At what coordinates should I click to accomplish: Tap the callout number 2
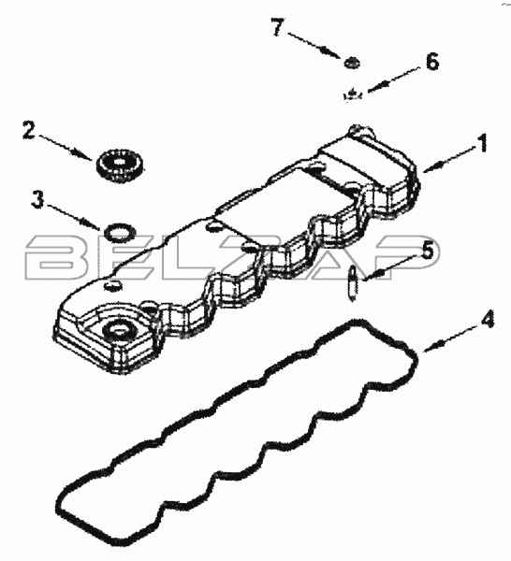[29, 130]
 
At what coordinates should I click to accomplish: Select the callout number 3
[37, 199]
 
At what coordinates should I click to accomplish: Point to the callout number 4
[486, 319]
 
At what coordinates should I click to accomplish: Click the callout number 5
[426, 250]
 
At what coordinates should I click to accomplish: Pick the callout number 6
[432, 63]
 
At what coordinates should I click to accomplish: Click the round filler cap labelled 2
[120, 165]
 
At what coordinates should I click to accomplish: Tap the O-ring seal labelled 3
[121, 233]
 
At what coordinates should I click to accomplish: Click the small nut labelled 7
[352, 64]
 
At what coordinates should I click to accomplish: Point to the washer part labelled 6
[353, 94]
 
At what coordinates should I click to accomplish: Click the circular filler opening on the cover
[118, 330]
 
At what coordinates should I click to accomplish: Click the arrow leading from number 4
[450, 339]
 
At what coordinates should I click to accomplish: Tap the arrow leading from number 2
[66, 148]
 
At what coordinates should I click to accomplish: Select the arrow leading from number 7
[314, 46]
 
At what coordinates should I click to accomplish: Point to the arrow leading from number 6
[393, 80]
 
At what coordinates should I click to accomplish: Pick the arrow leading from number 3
[72, 217]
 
